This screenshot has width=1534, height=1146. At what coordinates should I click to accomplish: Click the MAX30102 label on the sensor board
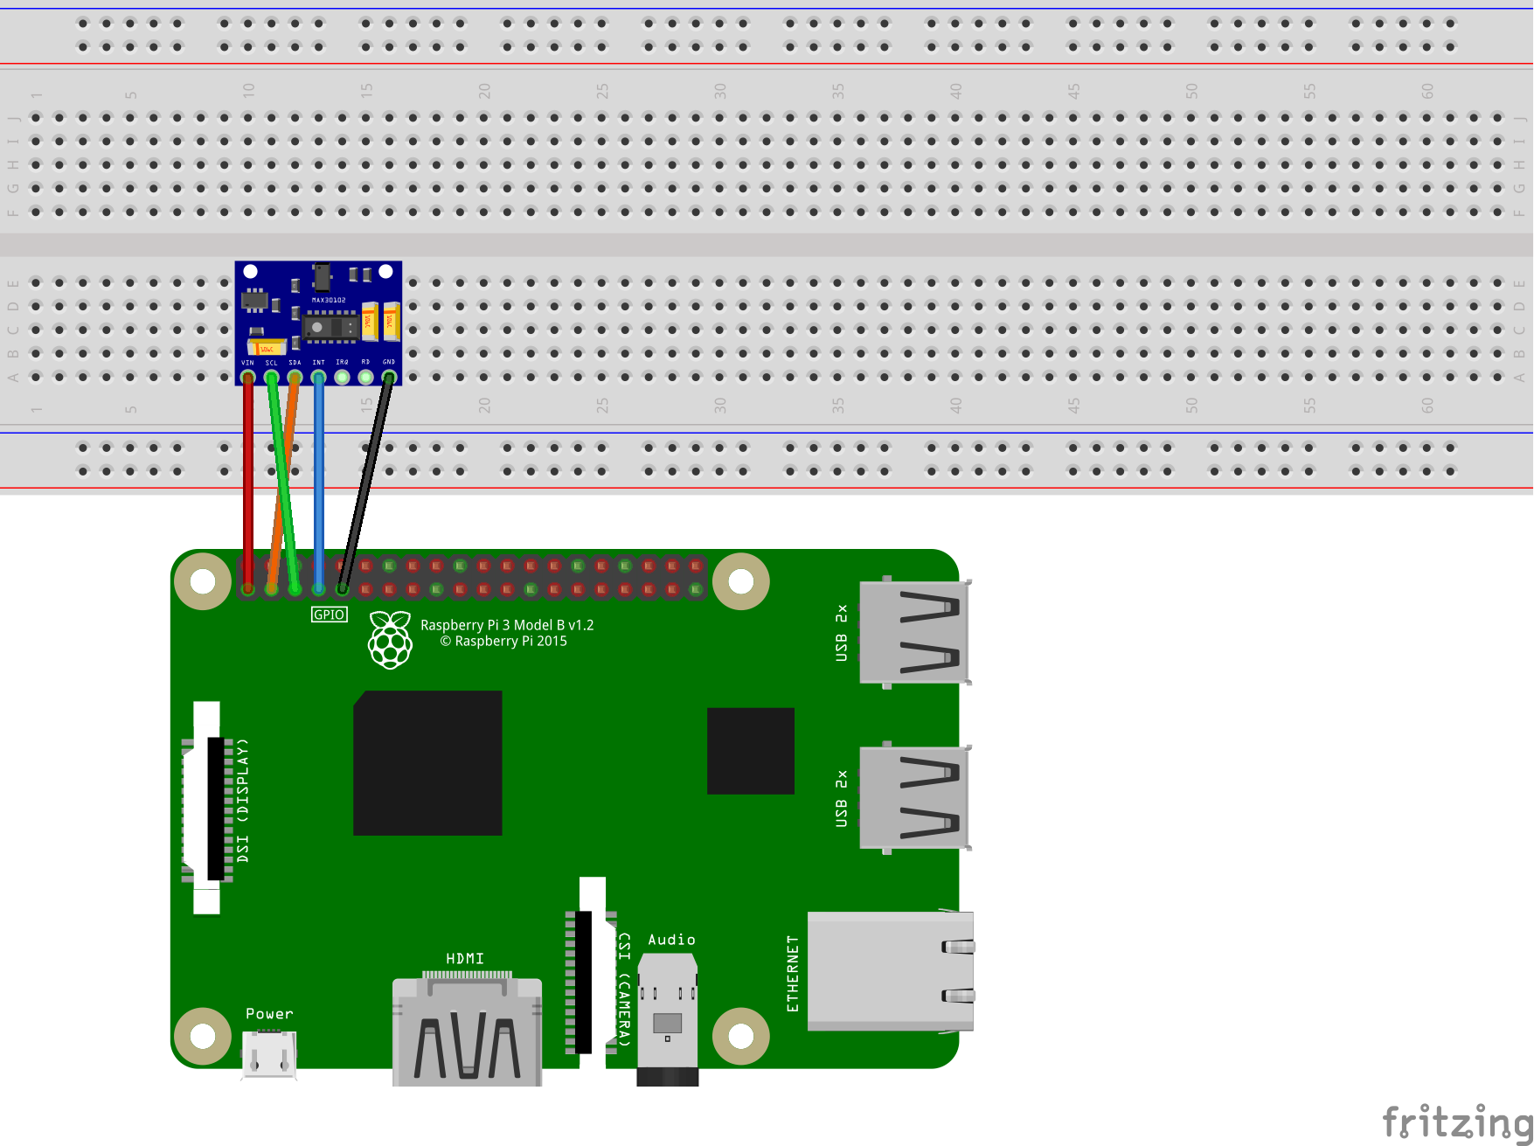pos(329,300)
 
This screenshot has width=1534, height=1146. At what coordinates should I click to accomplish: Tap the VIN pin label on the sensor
pos(247,362)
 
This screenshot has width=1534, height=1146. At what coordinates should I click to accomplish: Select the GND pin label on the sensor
pos(389,362)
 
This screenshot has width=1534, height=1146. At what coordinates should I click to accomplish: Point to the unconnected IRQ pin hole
pos(342,378)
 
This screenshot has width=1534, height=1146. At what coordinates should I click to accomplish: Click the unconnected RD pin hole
pos(365,378)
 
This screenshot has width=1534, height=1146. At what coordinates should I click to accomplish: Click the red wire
pos(248,481)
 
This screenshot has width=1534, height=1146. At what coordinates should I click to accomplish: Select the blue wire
pos(319,481)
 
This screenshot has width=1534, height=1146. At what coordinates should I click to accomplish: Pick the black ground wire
pos(365,481)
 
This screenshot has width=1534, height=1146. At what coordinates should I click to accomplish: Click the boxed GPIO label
pos(330,615)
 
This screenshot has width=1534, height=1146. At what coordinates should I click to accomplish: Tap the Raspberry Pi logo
pos(390,640)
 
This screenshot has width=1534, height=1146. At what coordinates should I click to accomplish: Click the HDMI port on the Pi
pos(467,1031)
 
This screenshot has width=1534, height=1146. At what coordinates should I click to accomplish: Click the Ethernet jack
pos(890,971)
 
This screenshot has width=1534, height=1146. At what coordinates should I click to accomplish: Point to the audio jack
pos(668,1018)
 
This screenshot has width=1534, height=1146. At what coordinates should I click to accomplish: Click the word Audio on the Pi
pos(671,940)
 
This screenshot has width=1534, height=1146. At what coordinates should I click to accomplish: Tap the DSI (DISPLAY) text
pos(243,801)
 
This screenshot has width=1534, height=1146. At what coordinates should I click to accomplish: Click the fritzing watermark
pos(1456,1122)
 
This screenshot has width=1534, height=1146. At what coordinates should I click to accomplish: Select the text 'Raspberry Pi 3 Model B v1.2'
pos(507,625)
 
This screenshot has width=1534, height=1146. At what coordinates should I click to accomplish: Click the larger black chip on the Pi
pos(427,763)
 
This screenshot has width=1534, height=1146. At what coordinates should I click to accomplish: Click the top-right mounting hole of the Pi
pos(741,581)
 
